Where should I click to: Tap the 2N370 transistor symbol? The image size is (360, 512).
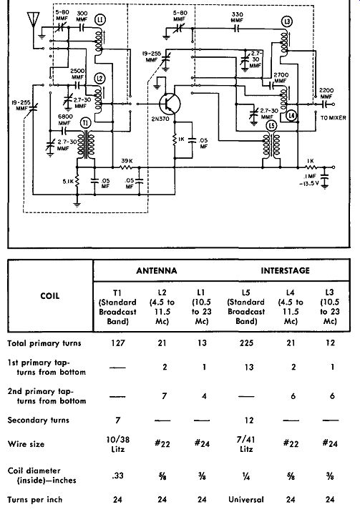(x=170, y=104)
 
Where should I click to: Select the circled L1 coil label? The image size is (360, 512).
(x=100, y=20)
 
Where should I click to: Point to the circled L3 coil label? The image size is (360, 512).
(x=287, y=22)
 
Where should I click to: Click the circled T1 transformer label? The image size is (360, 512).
(x=86, y=123)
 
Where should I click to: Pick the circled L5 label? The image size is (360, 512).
(x=271, y=126)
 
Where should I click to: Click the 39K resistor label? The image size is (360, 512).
(x=127, y=161)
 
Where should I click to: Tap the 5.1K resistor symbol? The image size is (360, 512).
(x=77, y=181)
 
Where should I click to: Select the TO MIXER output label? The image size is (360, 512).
(x=333, y=118)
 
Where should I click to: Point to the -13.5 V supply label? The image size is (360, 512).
(x=309, y=183)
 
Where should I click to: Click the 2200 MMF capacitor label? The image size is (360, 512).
(x=326, y=94)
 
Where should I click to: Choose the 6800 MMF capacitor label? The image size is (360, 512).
(x=65, y=119)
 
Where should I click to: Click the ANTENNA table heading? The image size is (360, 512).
(x=157, y=271)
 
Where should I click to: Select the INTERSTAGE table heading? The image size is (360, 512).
(x=285, y=271)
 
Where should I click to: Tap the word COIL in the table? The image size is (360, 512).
(x=49, y=296)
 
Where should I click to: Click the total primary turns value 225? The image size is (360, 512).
(x=246, y=343)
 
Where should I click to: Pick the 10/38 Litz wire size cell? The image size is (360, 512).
(x=117, y=444)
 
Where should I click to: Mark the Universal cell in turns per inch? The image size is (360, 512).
(x=246, y=499)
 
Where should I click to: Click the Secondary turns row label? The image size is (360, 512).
(x=38, y=420)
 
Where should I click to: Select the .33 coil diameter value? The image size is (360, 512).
(x=117, y=476)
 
